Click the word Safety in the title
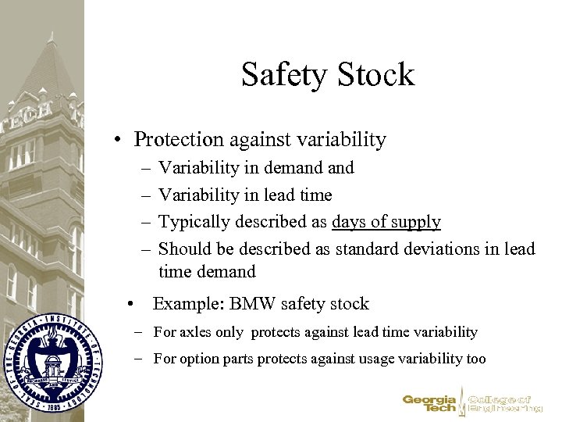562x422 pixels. [x=287, y=75]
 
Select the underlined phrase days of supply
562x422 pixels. [x=386, y=222]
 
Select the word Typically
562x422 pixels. [x=192, y=222]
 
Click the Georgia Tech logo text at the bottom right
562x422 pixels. [x=429, y=402]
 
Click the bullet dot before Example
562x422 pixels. [x=136, y=303]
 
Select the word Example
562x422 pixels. [x=184, y=303]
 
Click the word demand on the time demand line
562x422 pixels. [x=229, y=272]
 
